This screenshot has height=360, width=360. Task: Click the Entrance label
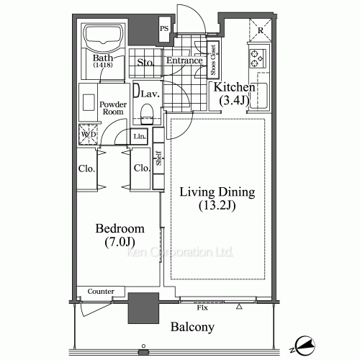184,61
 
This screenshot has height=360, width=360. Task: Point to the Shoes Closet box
213,60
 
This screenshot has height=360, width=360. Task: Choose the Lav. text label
150,94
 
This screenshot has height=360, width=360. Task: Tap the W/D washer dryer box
89,134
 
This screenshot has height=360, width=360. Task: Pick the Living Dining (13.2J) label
217,198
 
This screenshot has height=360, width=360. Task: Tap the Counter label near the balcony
102,291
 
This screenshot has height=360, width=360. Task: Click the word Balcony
192,328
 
